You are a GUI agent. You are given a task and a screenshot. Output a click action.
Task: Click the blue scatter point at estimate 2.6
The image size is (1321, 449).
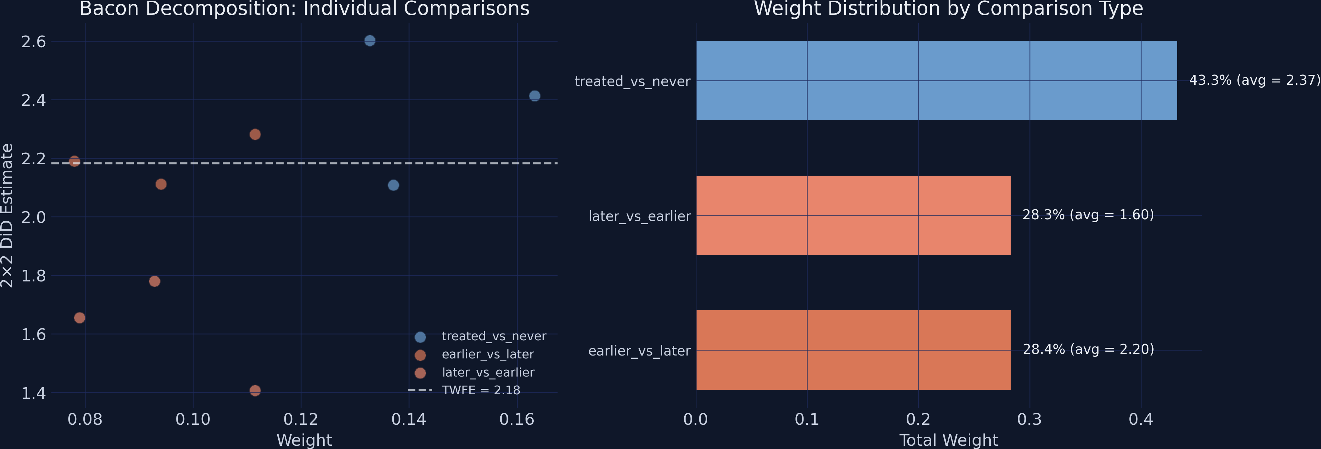[x=370, y=40]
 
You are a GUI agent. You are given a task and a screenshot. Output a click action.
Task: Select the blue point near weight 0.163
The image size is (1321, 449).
[x=534, y=96]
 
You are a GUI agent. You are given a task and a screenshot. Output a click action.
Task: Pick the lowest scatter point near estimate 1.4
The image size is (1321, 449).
[x=255, y=390]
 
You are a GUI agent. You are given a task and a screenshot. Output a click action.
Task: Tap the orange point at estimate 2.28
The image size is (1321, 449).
[x=255, y=135]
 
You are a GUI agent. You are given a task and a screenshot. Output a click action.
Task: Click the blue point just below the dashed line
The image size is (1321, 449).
[x=393, y=185]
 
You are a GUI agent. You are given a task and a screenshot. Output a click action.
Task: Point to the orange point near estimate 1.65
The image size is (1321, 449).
[x=80, y=318]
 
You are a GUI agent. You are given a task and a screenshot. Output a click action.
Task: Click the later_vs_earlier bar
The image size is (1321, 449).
[x=853, y=215]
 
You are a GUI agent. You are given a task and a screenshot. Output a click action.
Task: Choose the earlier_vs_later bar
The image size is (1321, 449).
[x=853, y=350]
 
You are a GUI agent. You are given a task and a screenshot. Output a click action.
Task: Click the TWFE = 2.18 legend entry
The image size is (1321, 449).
[x=481, y=390]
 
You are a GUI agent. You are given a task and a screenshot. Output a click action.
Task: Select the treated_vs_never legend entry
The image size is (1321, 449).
[x=493, y=336]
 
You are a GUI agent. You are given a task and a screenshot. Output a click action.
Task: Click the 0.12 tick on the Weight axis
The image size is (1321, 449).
[x=301, y=419]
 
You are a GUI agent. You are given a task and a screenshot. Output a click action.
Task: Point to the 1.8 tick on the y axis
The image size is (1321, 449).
[x=33, y=276]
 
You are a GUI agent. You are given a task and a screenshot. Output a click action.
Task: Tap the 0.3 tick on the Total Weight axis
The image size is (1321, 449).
[x=1029, y=419]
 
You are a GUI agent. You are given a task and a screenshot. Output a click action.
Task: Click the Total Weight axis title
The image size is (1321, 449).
[x=948, y=440]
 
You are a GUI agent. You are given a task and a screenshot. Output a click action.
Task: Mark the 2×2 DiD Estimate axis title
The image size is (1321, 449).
[x=7, y=215]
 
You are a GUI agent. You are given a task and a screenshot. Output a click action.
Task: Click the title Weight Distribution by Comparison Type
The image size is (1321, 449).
[x=948, y=9]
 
